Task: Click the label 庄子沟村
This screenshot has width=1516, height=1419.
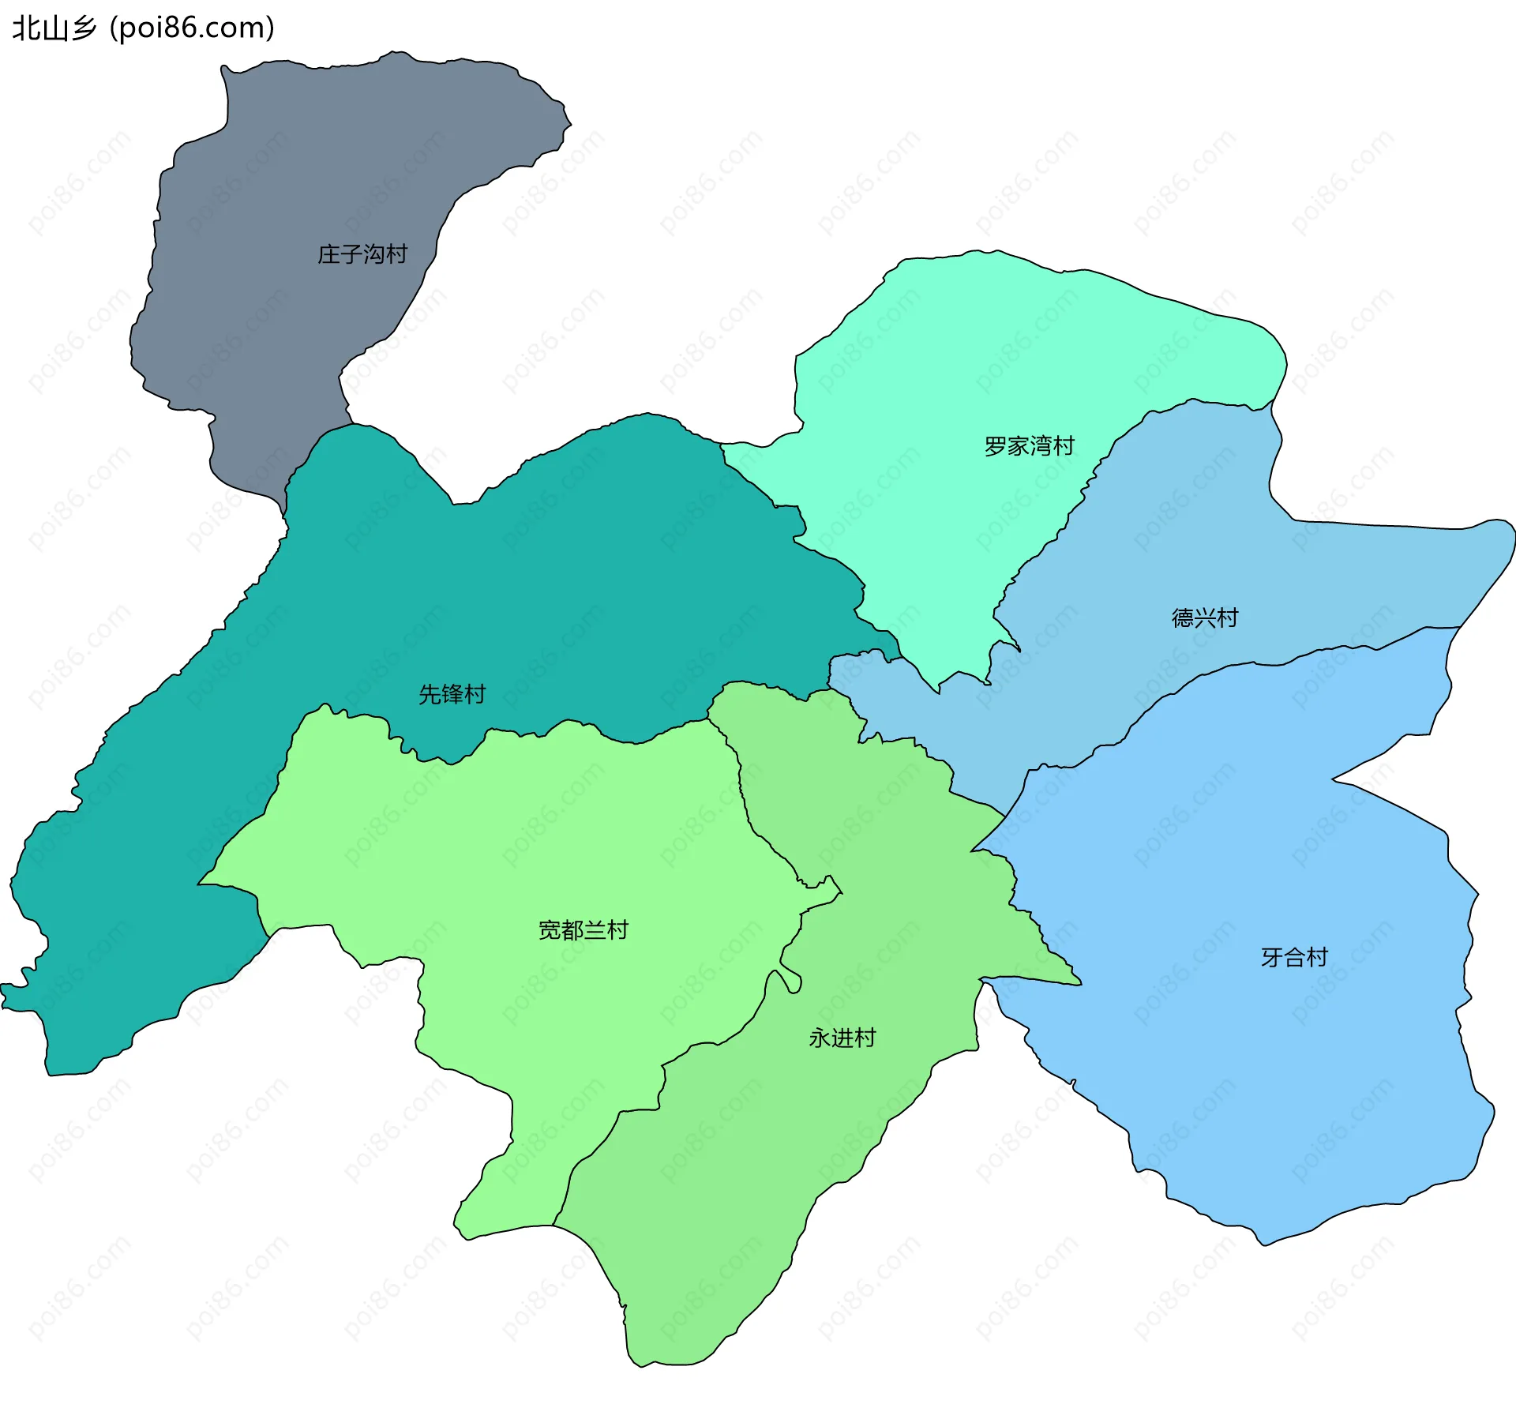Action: point(362,254)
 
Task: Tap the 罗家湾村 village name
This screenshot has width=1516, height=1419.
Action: point(1029,446)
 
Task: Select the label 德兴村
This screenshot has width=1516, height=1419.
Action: point(1204,618)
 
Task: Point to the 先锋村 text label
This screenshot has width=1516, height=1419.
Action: point(452,694)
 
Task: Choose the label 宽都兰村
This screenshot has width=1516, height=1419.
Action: point(583,930)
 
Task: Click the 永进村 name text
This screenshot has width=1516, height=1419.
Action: point(842,1038)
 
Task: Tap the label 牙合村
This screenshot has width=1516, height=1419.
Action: point(1294,957)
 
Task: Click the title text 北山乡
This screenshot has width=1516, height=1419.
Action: point(54,28)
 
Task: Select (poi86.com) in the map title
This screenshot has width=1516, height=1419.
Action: point(192,28)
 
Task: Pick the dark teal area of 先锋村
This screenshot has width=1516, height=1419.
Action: point(553,592)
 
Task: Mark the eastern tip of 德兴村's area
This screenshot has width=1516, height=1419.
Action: point(1512,533)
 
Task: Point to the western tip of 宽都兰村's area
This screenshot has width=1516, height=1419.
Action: point(200,884)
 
